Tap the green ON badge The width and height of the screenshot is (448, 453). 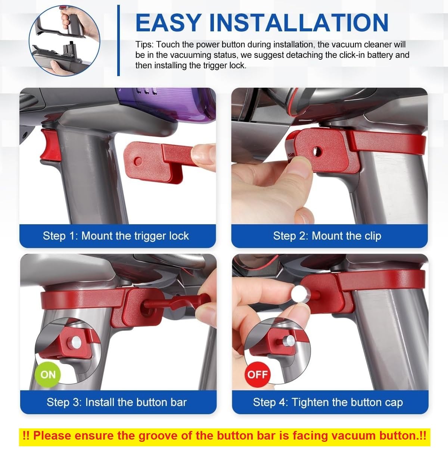point(48,374)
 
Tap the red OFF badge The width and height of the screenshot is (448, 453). point(258,374)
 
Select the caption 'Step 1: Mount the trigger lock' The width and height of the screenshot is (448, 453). point(116,236)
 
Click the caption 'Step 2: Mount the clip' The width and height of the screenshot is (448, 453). point(327,236)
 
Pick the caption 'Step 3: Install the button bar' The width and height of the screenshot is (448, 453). point(116,402)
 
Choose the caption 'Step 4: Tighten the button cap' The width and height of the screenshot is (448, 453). point(328,402)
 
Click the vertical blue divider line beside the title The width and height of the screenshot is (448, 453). point(119,40)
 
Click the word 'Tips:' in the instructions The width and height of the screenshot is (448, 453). point(144,45)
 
